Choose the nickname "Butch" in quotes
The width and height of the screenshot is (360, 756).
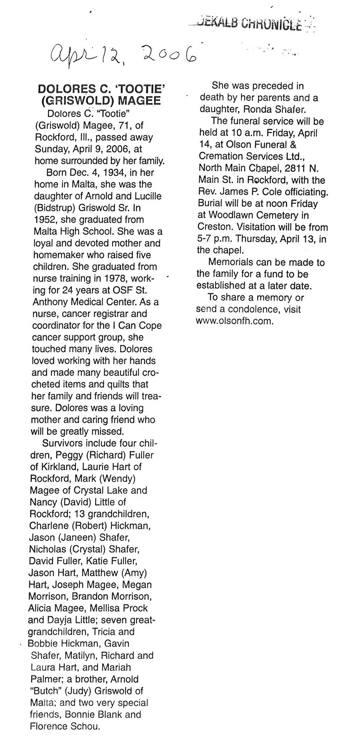46,691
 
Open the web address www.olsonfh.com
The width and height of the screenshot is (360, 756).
234,321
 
